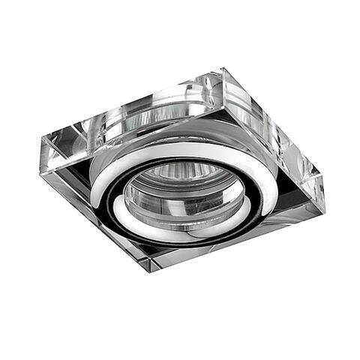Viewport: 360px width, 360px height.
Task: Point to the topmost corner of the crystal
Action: click(x=223, y=70)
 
